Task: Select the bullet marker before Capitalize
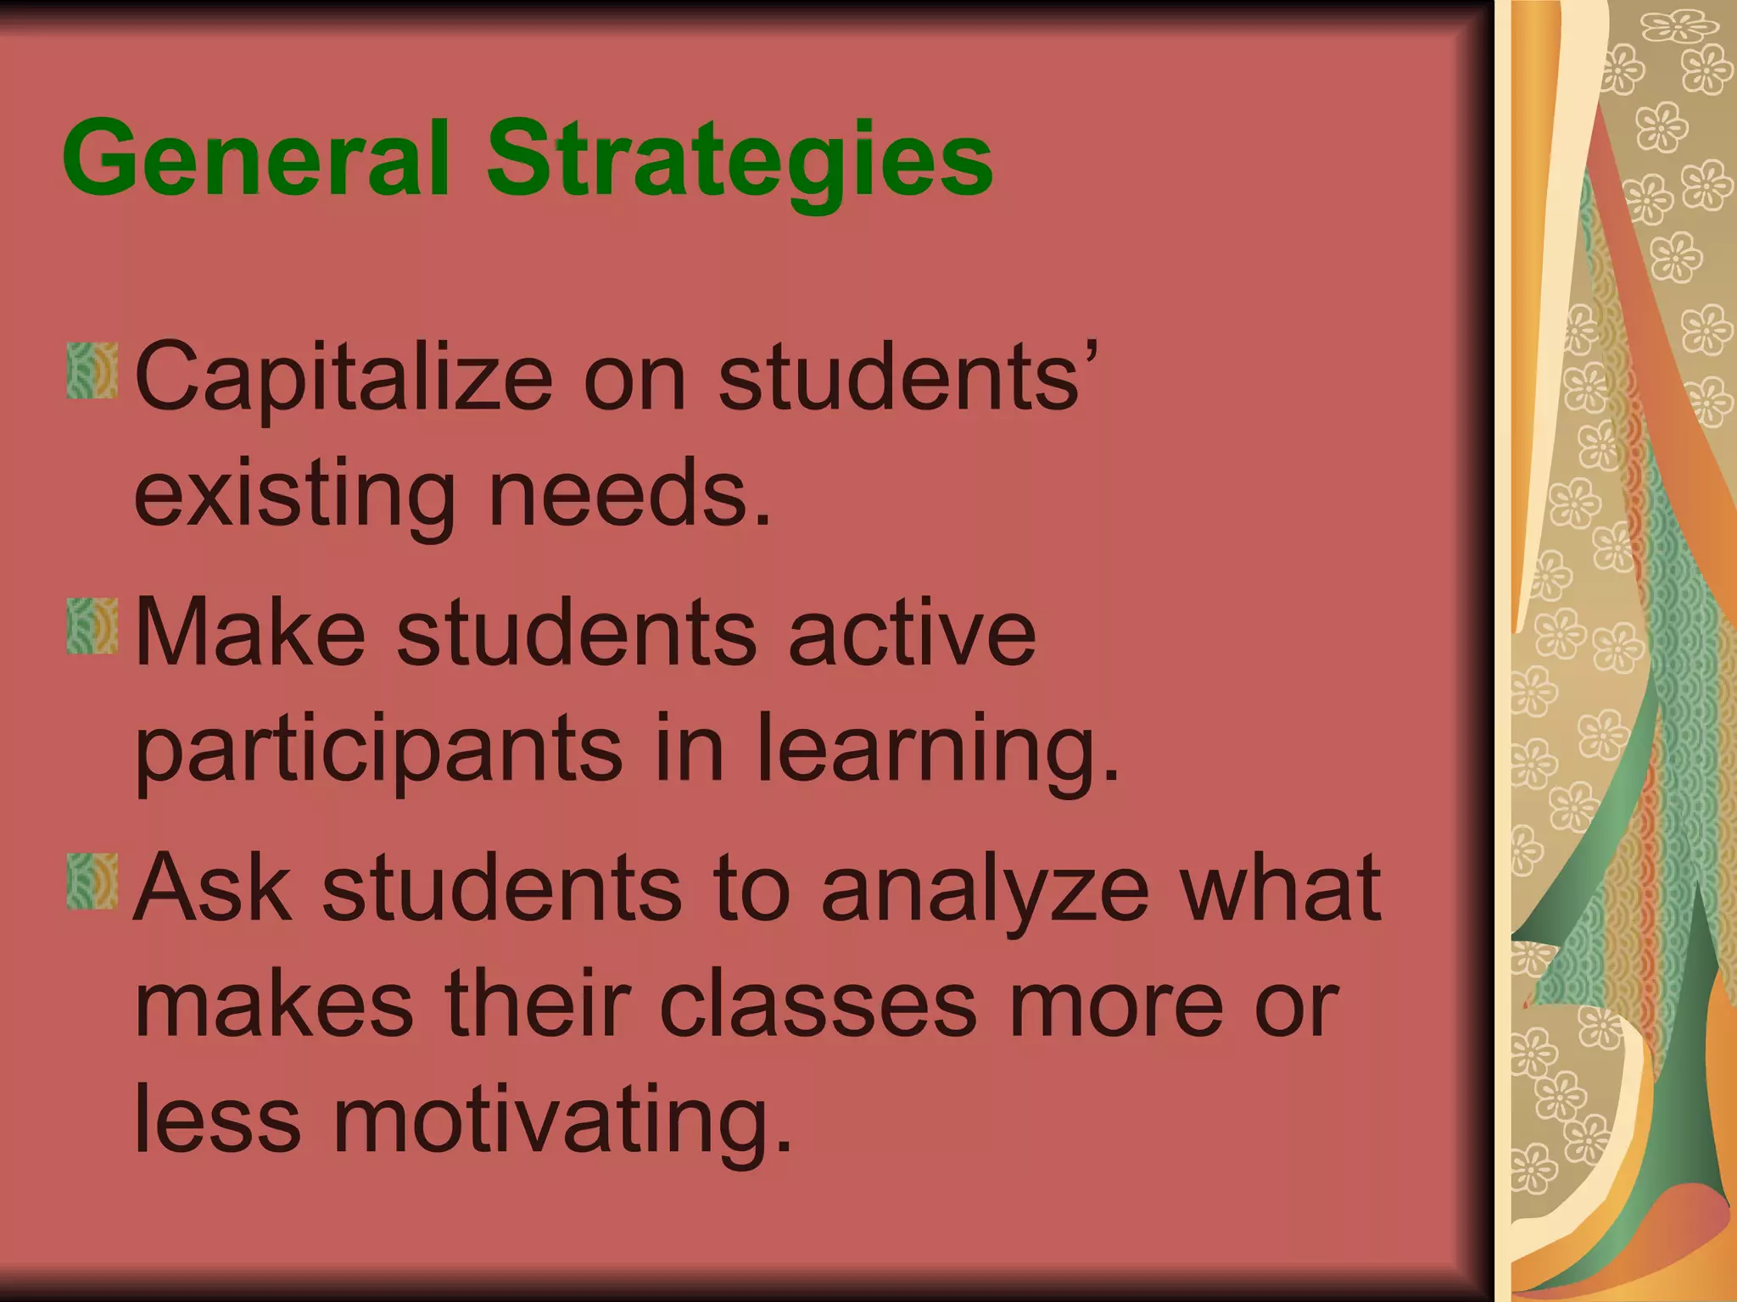(92, 370)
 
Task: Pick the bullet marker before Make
(92, 626)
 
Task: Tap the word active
(912, 632)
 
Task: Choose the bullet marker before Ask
(92, 882)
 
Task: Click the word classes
(818, 1004)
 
